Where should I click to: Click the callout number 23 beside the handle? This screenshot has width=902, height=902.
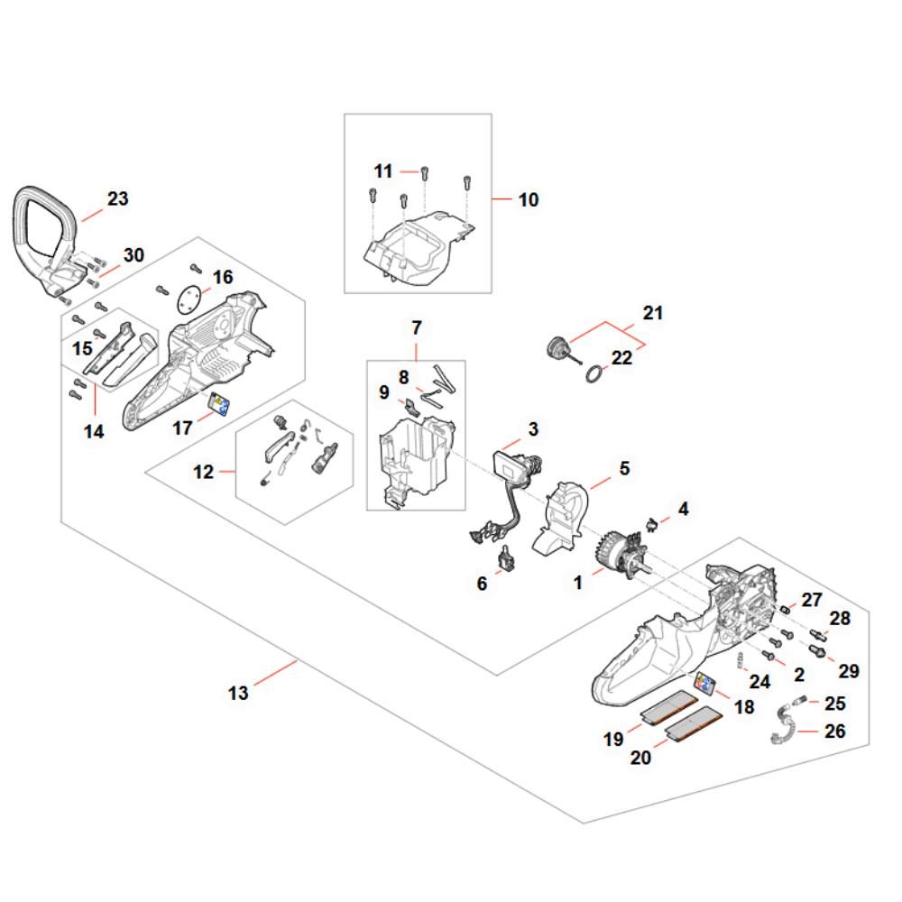point(117,198)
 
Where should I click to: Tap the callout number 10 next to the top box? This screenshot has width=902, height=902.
point(529,199)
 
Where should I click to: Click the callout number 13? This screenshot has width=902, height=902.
point(238,693)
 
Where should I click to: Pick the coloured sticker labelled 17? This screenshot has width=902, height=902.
point(219,403)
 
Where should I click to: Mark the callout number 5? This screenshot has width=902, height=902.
point(623,469)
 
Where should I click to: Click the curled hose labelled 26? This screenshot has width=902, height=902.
point(784,727)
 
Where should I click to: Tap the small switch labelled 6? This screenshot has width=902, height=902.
point(509,559)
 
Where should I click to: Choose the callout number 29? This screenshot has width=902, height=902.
point(849,671)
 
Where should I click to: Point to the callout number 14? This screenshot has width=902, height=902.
point(94,431)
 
